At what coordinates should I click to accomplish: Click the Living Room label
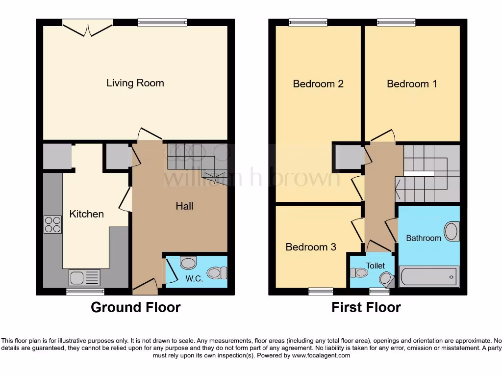[135, 83]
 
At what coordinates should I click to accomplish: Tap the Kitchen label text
[86, 214]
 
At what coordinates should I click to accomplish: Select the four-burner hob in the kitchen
[53, 224]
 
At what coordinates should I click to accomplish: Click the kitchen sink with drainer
[84, 278]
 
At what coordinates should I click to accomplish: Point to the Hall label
[184, 206]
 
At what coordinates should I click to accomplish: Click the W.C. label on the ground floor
[194, 279]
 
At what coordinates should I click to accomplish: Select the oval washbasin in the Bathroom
[452, 232]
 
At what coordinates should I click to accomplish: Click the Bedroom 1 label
[412, 84]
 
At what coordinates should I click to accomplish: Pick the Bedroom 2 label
[318, 84]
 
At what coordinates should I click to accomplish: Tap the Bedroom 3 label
[311, 247]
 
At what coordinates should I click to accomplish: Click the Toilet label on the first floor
[375, 266]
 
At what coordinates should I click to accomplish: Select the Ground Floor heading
[136, 307]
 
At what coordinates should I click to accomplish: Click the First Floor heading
[366, 307]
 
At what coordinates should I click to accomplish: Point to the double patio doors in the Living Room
[87, 28]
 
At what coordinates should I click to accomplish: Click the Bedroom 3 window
[321, 292]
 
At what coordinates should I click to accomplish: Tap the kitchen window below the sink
[85, 292]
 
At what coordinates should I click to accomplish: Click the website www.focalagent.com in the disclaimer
[321, 355]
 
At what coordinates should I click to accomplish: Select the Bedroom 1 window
[396, 22]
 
